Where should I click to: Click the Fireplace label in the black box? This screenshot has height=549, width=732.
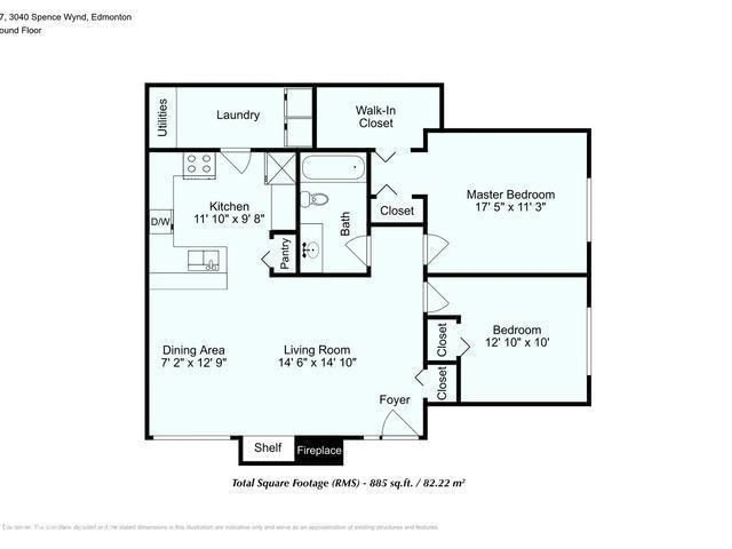pyautogui.click(x=319, y=450)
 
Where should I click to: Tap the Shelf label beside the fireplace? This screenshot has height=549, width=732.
pyautogui.click(x=267, y=448)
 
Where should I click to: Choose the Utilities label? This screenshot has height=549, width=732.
pyautogui.click(x=162, y=117)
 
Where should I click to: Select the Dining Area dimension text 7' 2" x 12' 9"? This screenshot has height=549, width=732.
pyautogui.click(x=194, y=363)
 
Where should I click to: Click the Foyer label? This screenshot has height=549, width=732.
pyautogui.click(x=394, y=400)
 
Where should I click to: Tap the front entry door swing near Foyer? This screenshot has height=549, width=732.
pyautogui.click(x=399, y=424)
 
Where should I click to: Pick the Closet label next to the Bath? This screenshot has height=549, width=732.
pyautogui.click(x=396, y=211)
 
